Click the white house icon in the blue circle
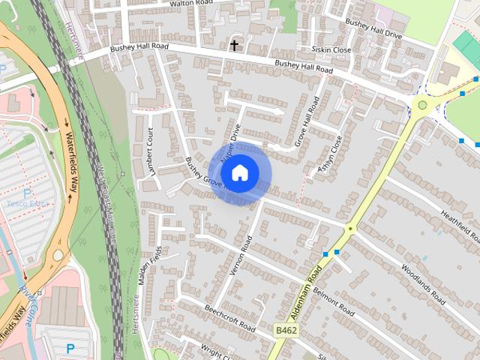239,172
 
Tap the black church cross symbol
235,46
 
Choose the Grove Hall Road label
307,120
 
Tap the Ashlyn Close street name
331,154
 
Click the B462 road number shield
285,330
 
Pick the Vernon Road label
242,258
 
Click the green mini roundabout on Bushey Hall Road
423,105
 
